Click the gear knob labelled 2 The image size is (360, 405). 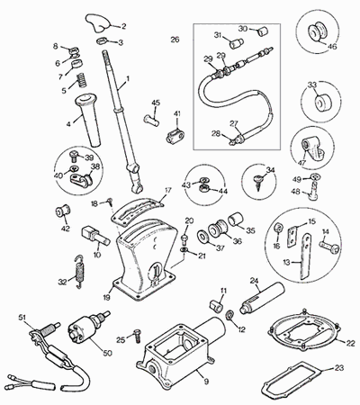pyautogui.click(x=96, y=22)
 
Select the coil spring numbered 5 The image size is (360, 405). pyautogui.click(x=81, y=80)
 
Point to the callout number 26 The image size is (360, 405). pyautogui.click(x=175, y=40)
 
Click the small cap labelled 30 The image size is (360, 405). pyautogui.click(x=263, y=31)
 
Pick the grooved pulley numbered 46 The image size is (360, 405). pyautogui.click(x=318, y=31)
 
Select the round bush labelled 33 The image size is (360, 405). pyautogui.click(x=322, y=103)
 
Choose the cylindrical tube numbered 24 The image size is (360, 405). pyautogui.click(x=262, y=297)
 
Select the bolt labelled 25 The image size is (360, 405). pyautogui.click(x=137, y=335)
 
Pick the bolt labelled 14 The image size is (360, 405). pyautogui.click(x=329, y=248)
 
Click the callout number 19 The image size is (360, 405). pyautogui.click(x=107, y=298)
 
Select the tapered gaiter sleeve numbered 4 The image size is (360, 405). pyautogui.click(x=86, y=120)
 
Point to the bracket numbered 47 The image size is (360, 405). pyautogui.click(x=312, y=149)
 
